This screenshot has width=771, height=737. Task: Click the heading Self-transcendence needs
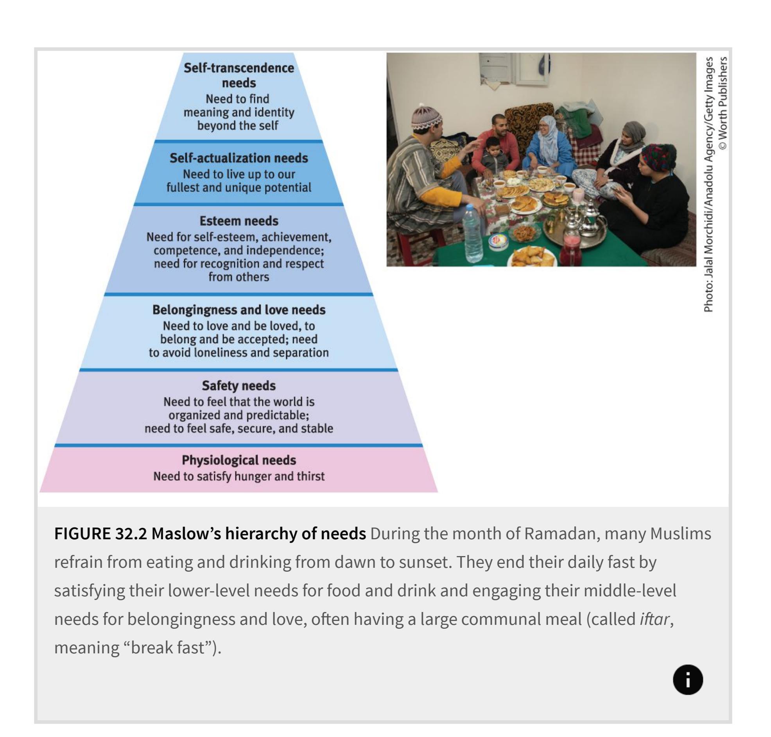tap(238, 75)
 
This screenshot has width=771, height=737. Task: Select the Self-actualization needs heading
tap(238, 158)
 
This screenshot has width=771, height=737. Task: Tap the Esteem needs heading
tap(238, 221)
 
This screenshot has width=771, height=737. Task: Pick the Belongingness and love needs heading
tap(238, 309)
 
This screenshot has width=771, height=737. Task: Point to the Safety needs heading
tap(238, 385)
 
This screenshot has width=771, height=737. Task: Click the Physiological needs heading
tap(238, 460)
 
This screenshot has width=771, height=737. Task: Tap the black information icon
tap(688, 679)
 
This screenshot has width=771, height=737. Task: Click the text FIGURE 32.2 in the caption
tap(100, 533)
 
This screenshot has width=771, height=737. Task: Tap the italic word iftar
tap(654, 619)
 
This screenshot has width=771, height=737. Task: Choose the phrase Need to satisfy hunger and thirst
tap(238, 476)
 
